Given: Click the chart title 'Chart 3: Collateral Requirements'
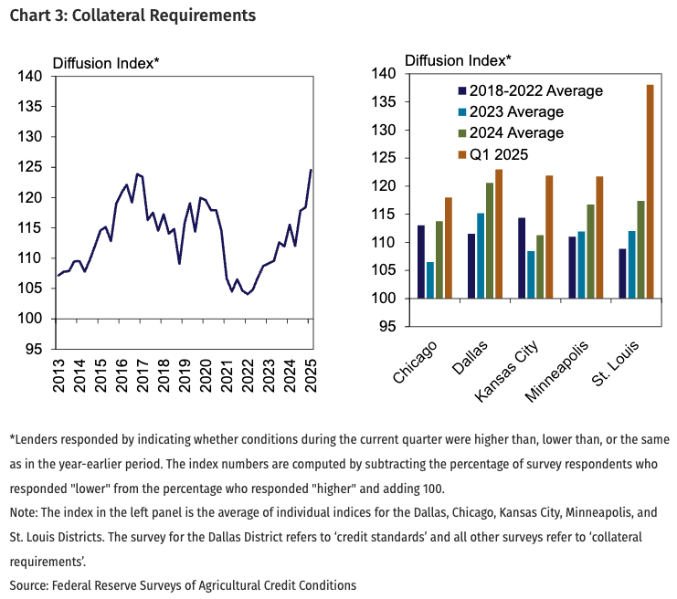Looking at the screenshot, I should pyautogui.click(x=128, y=16).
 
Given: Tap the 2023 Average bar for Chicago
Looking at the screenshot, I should pyautogui.click(x=429, y=280).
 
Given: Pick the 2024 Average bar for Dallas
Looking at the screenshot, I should pyautogui.click(x=489, y=241).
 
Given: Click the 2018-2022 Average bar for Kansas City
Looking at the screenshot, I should pyautogui.click(x=522, y=258).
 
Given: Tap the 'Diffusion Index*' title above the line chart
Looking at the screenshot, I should pyautogui.click(x=106, y=63).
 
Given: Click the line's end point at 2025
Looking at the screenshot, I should pyautogui.click(x=311, y=170).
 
